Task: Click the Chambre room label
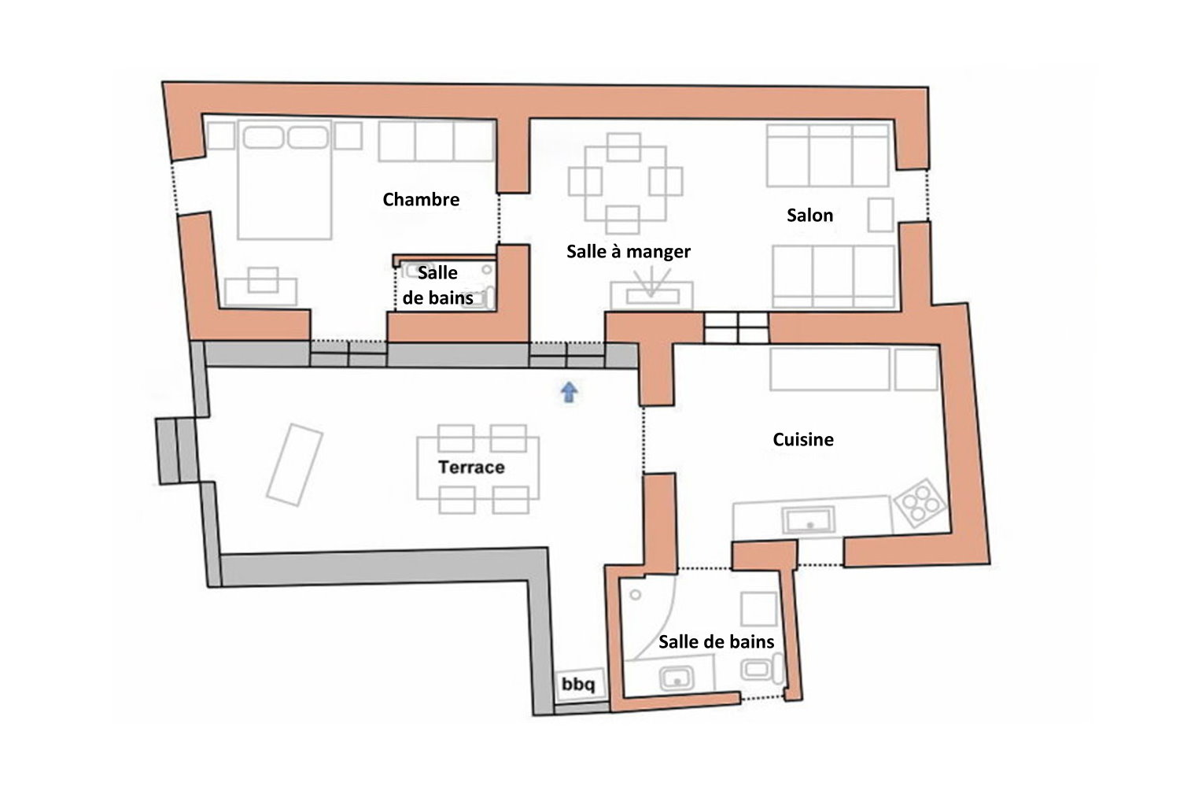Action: click(x=421, y=199)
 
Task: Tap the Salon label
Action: click(x=809, y=215)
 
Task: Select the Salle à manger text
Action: click(x=629, y=251)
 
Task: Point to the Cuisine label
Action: click(x=803, y=439)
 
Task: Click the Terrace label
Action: click(x=471, y=467)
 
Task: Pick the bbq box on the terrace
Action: click(x=579, y=685)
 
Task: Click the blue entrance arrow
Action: click(x=569, y=392)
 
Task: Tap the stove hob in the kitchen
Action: click(x=920, y=502)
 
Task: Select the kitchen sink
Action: click(x=809, y=519)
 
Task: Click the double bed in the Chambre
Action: click(x=285, y=179)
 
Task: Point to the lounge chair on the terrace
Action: click(x=294, y=465)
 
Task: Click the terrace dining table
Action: click(x=478, y=468)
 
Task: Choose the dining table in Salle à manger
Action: click(x=625, y=183)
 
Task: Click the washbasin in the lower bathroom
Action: click(x=677, y=678)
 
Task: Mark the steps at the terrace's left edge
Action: click(x=176, y=451)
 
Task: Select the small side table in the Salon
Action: click(x=881, y=215)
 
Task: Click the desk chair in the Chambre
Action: click(x=263, y=279)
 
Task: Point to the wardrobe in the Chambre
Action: click(x=436, y=142)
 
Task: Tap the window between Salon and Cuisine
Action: click(x=736, y=327)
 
